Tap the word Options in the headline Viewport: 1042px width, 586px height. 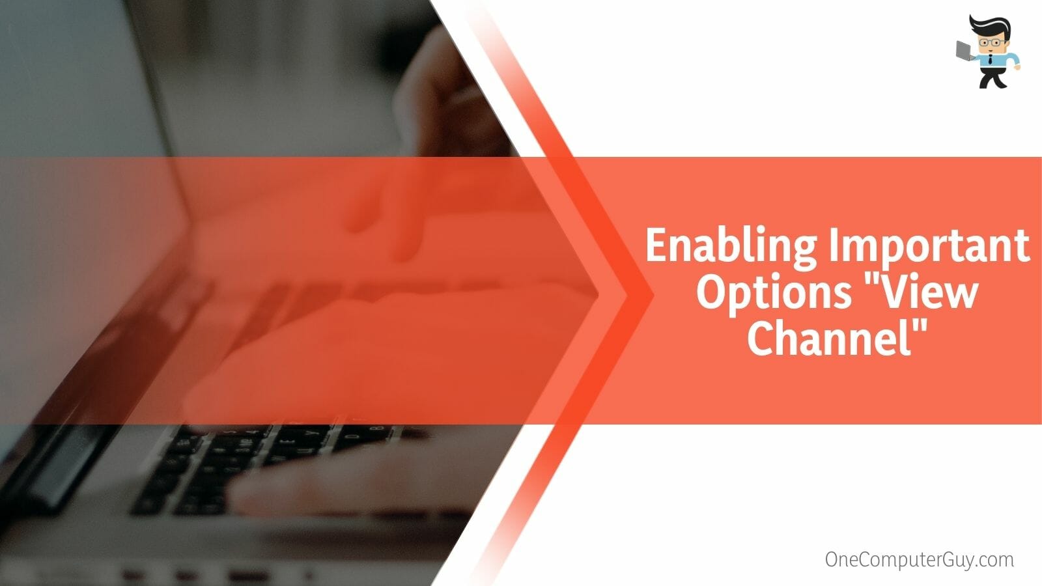coord(773,294)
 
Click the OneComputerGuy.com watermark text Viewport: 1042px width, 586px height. coord(919,559)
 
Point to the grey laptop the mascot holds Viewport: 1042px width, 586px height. coord(965,51)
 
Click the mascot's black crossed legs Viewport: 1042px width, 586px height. coord(993,77)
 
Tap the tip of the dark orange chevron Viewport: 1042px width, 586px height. coord(654,294)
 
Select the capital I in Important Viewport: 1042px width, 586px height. coord(834,245)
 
